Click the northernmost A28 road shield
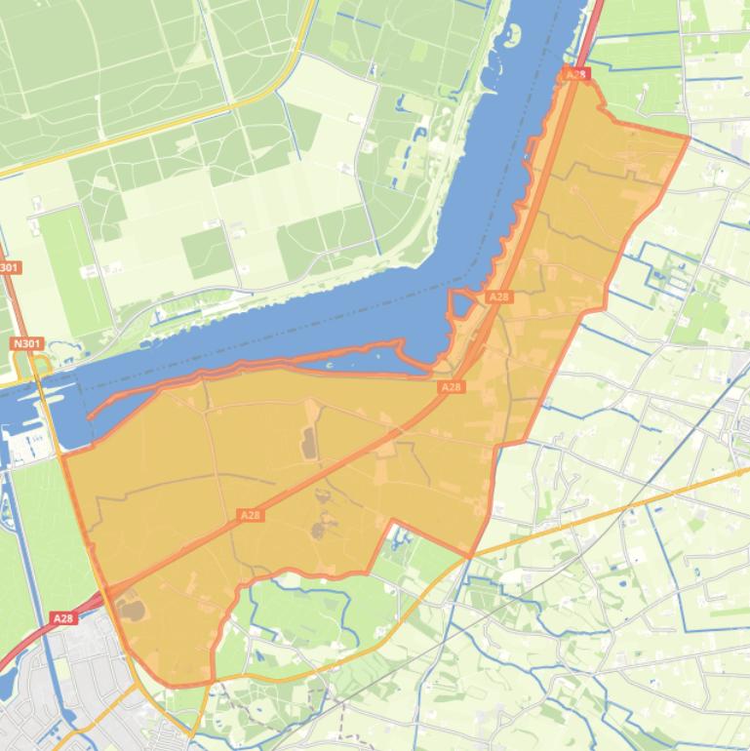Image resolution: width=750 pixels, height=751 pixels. tap(576, 74)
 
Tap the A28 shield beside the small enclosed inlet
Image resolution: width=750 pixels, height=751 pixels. tap(498, 296)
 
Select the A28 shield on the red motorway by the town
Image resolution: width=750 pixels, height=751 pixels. tap(62, 618)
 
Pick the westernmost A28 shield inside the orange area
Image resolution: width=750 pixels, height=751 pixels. tap(250, 515)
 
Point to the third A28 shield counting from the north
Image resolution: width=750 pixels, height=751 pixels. tap(451, 387)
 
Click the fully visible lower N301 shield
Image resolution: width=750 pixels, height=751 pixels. tap(26, 343)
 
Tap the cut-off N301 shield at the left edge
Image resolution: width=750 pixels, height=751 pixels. tap(8, 267)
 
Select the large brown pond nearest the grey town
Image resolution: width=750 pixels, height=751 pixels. tap(131, 611)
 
